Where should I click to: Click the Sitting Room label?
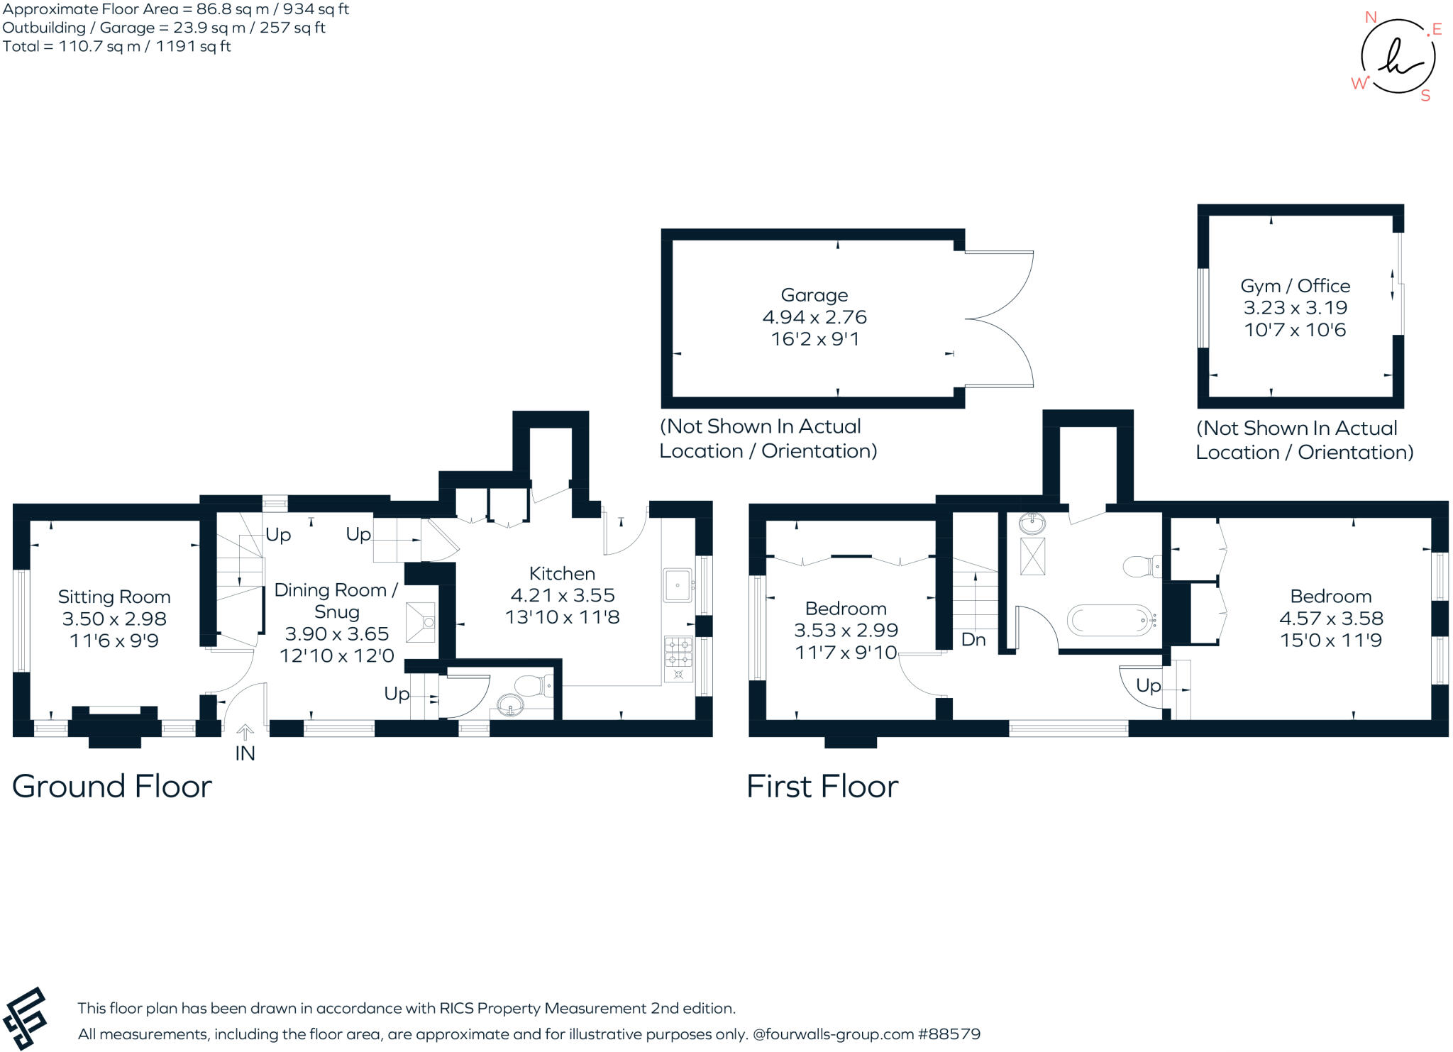pyautogui.click(x=114, y=597)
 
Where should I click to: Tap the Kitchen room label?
pyautogui.click(x=562, y=573)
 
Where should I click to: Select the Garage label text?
pyautogui.click(x=814, y=295)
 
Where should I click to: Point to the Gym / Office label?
pyautogui.click(x=1295, y=286)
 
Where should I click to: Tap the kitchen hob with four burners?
pyautogui.click(x=678, y=659)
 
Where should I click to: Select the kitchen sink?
pyautogui.click(x=678, y=585)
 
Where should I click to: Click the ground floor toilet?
pyautogui.click(x=534, y=686)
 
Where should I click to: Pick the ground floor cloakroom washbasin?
pyautogui.click(x=511, y=705)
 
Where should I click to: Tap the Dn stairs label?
pyautogui.click(x=973, y=640)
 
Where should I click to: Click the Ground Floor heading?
pyautogui.click(x=112, y=786)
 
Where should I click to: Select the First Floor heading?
pyautogui.click(x=822, y=786)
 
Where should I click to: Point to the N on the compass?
pyautogui.click(x=1371, y=18)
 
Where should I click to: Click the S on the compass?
pyautogui.click(x=1425, y=96)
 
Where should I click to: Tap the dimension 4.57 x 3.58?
pyautogui.click(x=1331, y=619)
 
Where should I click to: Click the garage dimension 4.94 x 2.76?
pyautogui.click(x=814, y=317)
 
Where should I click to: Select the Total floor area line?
pyautogui.click(x=116, y=47)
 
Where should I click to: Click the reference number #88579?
pyautogui.click(x=949, y=1034)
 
